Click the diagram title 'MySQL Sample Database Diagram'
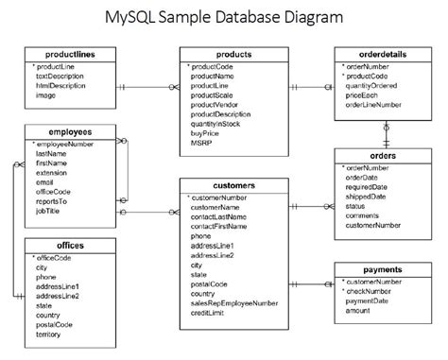pos(223,18)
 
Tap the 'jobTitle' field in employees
pos(51,212)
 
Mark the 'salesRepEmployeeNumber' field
pos(233,303)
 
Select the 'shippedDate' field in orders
pos(367,196)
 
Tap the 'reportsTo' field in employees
pos(53,201)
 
